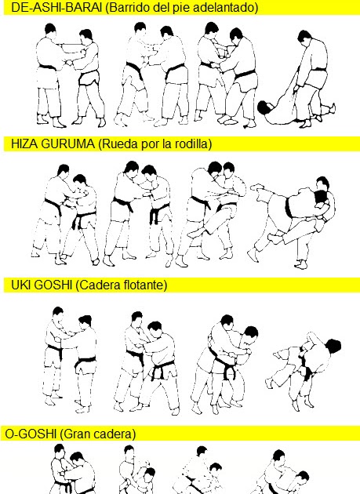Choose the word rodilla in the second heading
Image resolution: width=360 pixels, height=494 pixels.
point(191,144)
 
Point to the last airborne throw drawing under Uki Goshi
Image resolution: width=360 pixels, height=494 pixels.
point(305,364)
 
